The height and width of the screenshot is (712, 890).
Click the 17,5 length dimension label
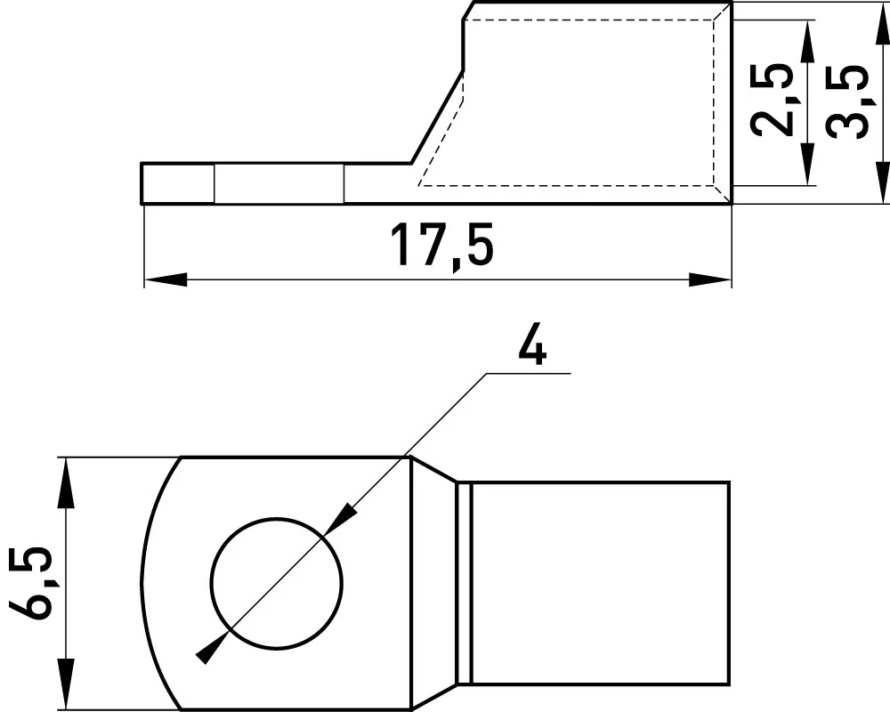[x=442, y=246]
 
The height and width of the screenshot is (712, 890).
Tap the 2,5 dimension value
[x=771, y=100]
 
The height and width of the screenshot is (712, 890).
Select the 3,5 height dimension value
[x=847, y=102]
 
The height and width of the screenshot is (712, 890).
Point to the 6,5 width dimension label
[x=30, y=583]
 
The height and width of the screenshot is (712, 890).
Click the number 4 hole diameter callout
[x=532, y=346]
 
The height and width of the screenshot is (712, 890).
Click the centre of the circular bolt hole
[x=277, y=583]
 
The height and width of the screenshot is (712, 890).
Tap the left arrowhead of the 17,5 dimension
[x=166, y=279]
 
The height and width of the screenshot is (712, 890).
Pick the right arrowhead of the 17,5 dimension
[x=710, y=279]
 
